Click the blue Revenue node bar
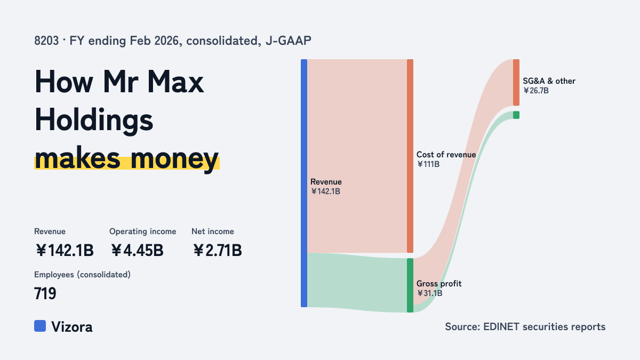coord(304,183)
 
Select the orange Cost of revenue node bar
coord(410,156)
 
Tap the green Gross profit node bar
coord(410,285)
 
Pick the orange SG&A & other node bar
coord(516,82)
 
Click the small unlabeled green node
coord(516,115)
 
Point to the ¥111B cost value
coord(428,164)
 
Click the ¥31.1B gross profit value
coord(429,293)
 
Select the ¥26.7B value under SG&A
coord(535,91)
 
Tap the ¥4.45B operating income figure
coord(137,250)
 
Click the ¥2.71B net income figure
coord(218,250)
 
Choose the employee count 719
coord(45,293)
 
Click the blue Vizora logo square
coord(40,326)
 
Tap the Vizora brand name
coord(72,327)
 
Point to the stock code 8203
coord(46,41)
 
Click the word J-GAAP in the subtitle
coord(289,41)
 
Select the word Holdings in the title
coord(94,121)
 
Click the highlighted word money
coord(174,159)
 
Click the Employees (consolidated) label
coord(82,275)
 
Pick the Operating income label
coord(142,231)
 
